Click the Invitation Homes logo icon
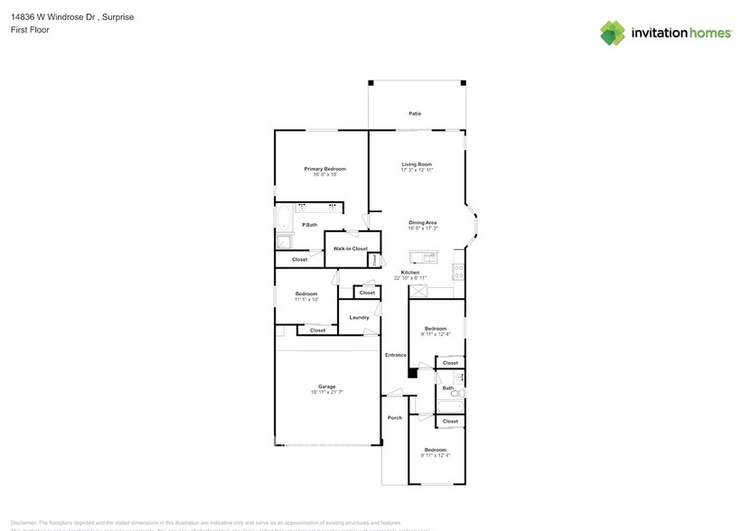tap(613, 33)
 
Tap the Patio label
tap(415, 114)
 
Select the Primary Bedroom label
tap(324, 169)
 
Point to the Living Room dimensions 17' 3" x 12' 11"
tap(417, 170)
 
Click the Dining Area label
tap(423, 222)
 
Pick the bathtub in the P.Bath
tap(284, 219)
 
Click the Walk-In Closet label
tap(350, 248)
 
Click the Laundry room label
tap(359, 317)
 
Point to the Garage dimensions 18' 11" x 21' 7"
tap(326, 392)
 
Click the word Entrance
tap(395, 355)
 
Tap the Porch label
tap(394, 417)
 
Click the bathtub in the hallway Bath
tap(459, 377)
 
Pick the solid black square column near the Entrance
tap(412, 372)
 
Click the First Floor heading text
tap(31, 30)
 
